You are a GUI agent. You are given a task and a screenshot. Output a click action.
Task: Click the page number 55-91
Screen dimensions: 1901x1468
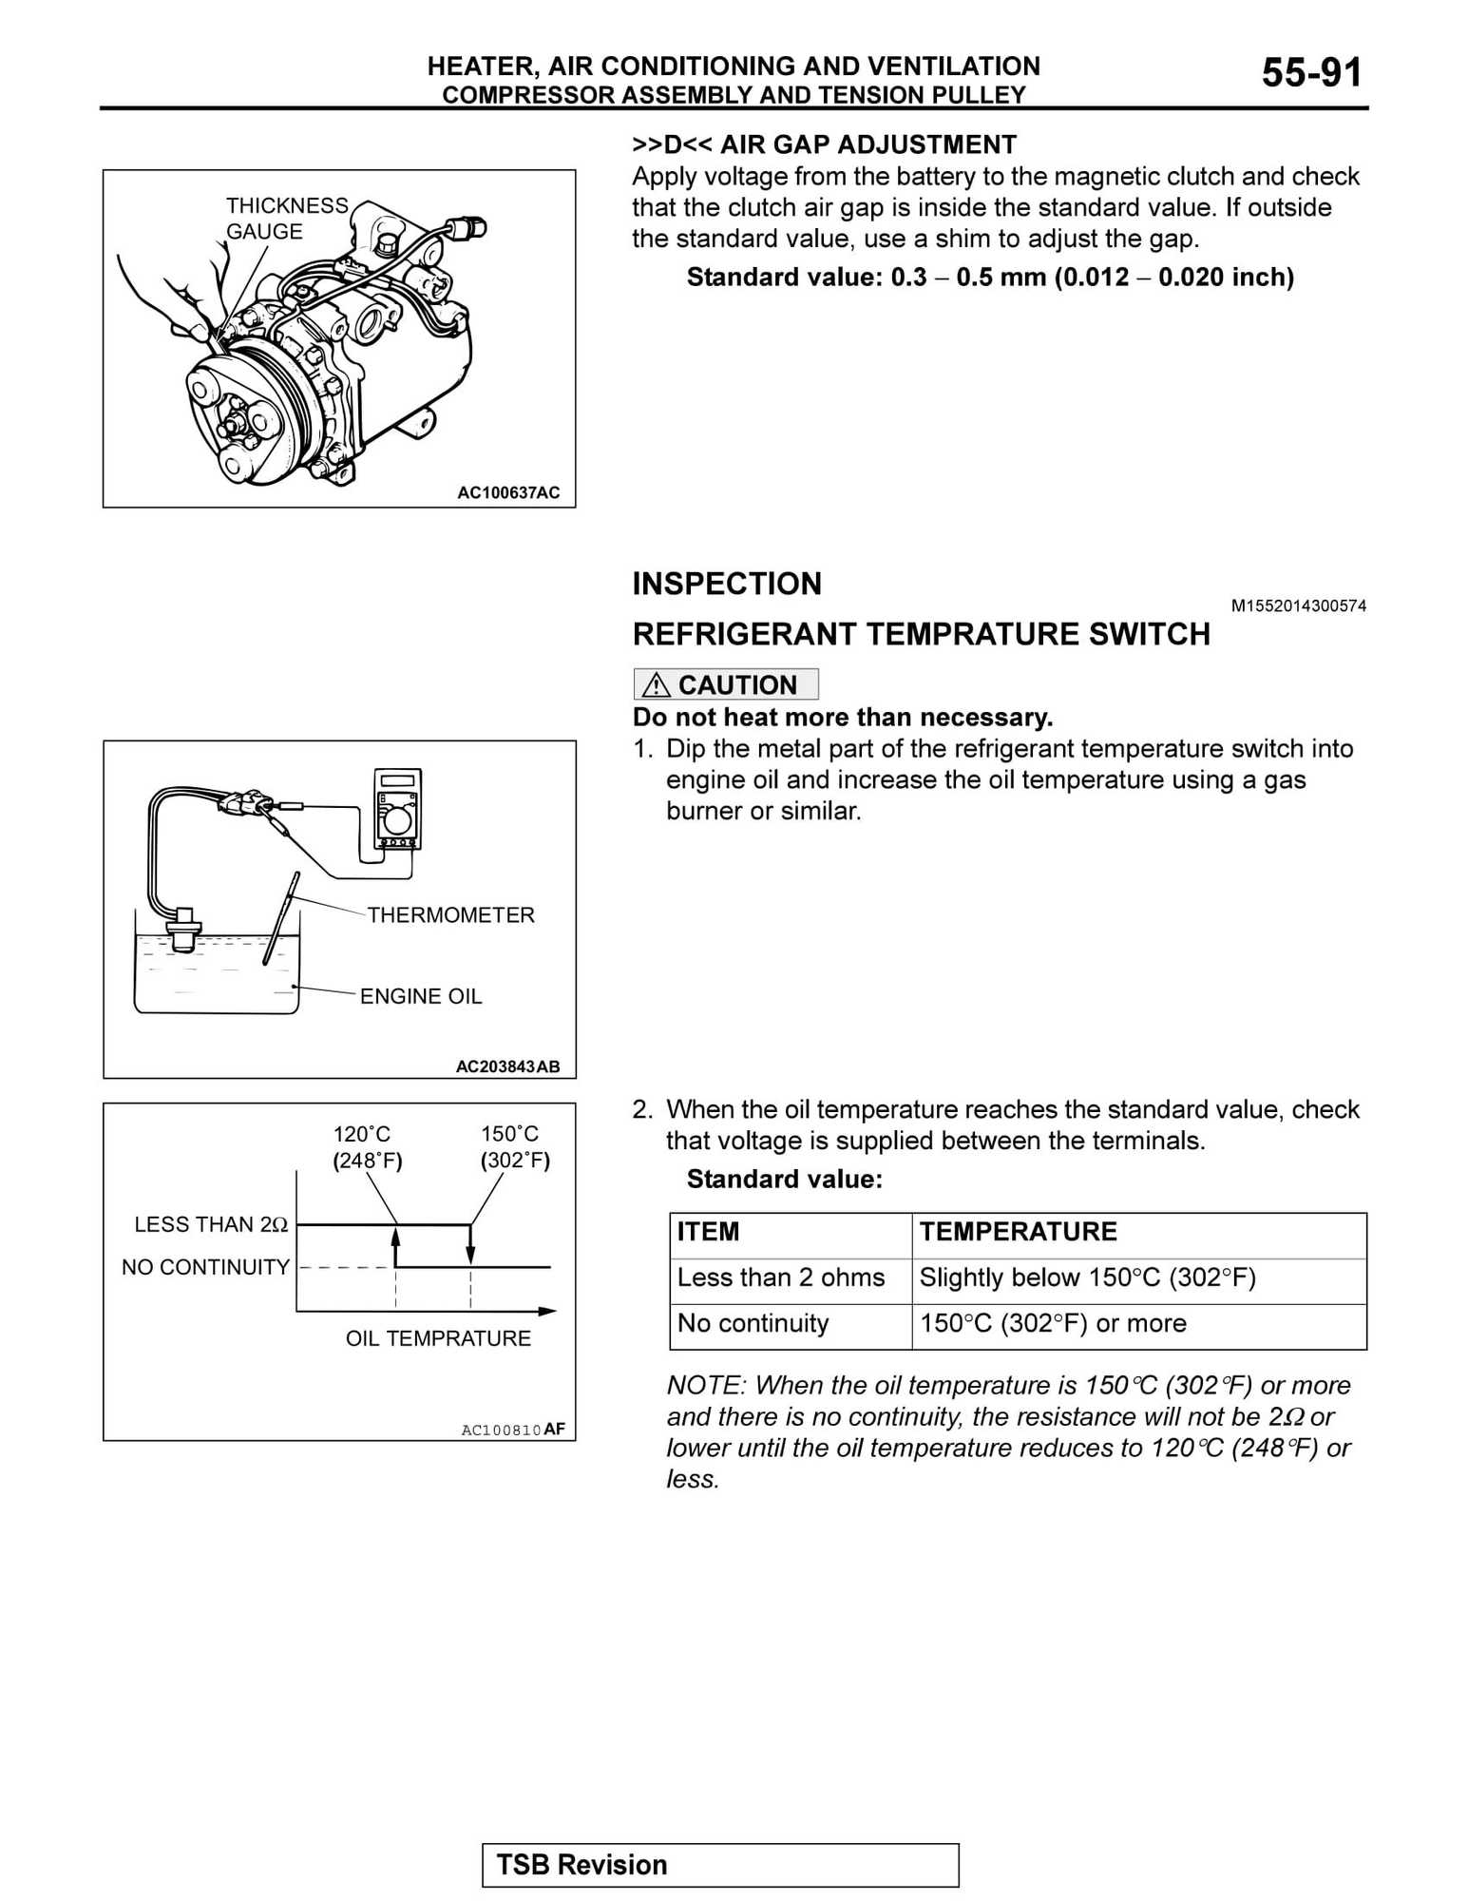point(1311,73)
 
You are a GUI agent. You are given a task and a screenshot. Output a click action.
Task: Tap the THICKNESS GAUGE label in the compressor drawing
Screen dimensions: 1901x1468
point(286,219)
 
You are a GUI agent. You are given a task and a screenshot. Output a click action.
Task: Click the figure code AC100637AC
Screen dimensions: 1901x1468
point(508,492)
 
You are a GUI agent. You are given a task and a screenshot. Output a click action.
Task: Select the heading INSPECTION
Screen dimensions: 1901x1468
point(727,584)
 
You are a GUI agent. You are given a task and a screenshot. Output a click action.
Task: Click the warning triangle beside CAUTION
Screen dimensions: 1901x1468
point(656,685)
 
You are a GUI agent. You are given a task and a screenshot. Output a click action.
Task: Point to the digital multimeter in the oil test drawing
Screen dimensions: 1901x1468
point(398,809)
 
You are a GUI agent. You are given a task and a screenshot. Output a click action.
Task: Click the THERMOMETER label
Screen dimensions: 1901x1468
point(450,914)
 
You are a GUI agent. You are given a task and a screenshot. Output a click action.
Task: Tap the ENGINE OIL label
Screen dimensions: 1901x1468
point(420,996)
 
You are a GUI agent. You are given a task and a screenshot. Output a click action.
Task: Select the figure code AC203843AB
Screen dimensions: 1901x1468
point(507,1066)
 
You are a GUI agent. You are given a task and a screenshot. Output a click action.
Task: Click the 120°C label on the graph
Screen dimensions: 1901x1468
point(362,1134)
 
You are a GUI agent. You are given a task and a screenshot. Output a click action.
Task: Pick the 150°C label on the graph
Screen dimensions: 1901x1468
point(510,1134)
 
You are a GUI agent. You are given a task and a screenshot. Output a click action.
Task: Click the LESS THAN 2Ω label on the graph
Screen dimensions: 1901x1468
point(211,1224)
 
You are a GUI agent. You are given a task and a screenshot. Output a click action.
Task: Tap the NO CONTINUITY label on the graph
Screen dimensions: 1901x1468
point(205,1267)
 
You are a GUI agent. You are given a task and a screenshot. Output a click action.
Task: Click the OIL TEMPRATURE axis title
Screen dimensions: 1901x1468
point(438,1338)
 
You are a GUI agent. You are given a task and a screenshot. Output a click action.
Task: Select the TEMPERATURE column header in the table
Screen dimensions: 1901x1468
point(1018,1232)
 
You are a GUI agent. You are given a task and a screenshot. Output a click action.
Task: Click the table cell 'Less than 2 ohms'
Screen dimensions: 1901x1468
point(780,1277)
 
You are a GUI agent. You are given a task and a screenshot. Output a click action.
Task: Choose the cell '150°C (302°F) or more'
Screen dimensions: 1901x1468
point(1053,1323)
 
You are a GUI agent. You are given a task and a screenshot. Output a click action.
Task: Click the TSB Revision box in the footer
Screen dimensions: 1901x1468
point(720,1865)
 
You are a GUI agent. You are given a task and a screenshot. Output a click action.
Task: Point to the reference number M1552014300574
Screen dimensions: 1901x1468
point(1298,606)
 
